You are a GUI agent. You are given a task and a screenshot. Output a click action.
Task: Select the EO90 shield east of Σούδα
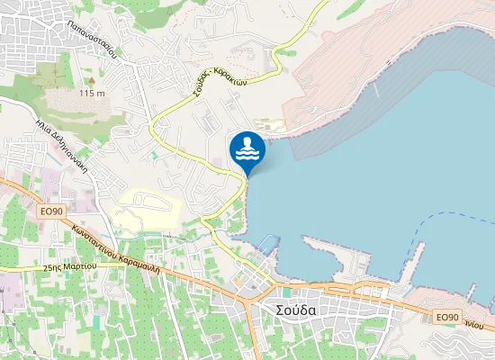[447, 318]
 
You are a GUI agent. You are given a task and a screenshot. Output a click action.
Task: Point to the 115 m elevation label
[93, 93]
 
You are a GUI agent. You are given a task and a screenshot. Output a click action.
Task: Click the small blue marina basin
[269, 243]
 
